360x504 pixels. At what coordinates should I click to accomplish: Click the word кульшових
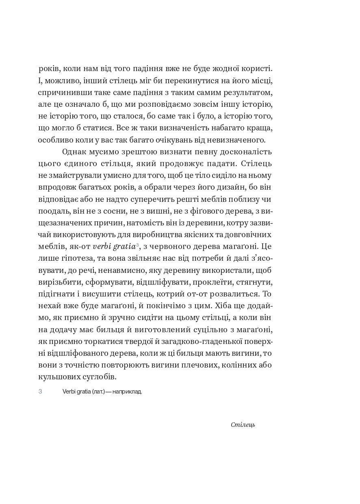point(58,377)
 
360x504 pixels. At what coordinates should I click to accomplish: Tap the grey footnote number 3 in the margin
point(40,392)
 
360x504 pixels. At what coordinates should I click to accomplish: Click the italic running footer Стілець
point(243,425)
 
